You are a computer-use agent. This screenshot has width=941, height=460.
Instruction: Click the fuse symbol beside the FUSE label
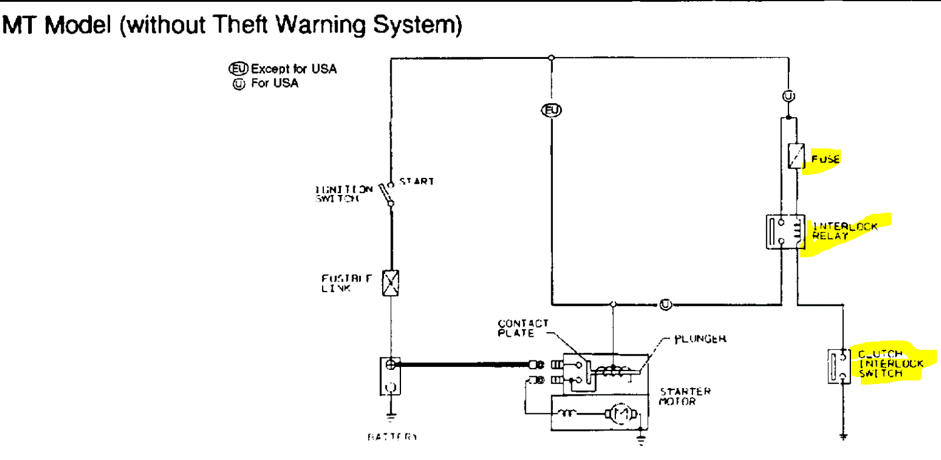click(x=796, y=156)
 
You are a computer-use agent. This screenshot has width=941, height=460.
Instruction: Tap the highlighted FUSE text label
click(x=825, y=159)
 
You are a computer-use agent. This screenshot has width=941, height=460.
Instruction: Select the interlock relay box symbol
click(x=786, y=231)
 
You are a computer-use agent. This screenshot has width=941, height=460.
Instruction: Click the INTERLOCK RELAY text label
click(x=844, y=231)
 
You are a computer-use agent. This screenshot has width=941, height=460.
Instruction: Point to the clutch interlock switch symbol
click(x=839, y=366)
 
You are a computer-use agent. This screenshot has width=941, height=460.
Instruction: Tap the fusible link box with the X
click(x=390, y=283)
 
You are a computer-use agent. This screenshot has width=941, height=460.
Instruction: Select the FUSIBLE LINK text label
click(x=346, y=283)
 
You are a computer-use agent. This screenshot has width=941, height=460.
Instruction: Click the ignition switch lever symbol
click(x=386, y=194)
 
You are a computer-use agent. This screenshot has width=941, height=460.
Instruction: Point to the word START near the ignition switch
click(x=416, y=181)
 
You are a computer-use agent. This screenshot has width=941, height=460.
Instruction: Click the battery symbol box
click(x=390, y=376)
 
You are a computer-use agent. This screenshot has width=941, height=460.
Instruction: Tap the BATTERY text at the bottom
click(x=392, y=437)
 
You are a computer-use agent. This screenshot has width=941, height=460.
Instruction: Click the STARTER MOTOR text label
click(x=684, y=396)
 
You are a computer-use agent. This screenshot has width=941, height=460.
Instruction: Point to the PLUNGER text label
click(x=700, y=339)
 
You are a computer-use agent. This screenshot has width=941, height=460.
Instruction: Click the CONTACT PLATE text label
click(x=522, y=328)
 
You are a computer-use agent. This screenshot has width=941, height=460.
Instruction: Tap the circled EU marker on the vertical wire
click(x=552, y=110)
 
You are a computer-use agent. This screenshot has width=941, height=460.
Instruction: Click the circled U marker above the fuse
click(x=788, y=96)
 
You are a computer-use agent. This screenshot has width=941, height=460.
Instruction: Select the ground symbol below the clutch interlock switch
click(x=843, y=436)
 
